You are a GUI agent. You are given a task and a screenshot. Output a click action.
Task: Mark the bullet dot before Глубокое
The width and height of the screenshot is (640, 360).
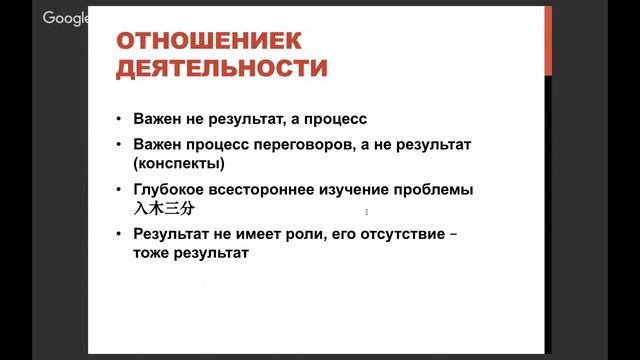click(x=118, y=189)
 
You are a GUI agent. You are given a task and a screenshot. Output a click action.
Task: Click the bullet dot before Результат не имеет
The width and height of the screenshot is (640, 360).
click(x=118, y=235)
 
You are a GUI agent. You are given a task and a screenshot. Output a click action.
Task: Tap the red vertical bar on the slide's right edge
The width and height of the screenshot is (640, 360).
click(x=547, y=40)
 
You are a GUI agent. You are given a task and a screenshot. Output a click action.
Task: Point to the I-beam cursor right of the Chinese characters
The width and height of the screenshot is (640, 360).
click(x=367, y=211)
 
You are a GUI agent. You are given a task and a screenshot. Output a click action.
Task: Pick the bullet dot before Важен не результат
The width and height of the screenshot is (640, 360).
click(x=118, y=117)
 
